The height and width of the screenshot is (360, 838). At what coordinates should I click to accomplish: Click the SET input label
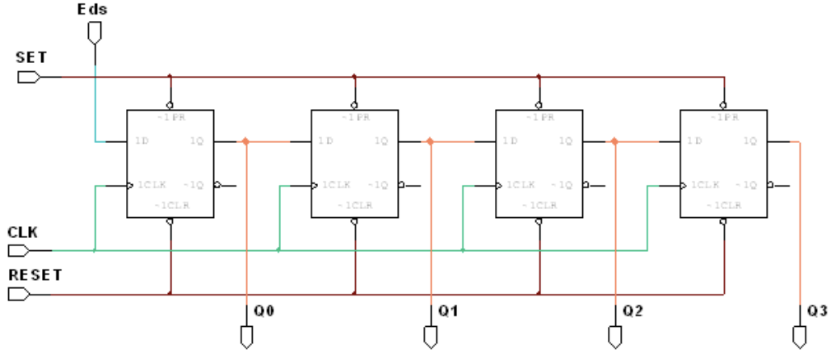(31, 59)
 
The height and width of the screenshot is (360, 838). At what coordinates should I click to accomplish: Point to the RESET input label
(36, 274)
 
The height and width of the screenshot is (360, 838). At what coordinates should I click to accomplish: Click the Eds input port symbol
(95, 32)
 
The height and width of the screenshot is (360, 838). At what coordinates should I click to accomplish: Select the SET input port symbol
(29, 77)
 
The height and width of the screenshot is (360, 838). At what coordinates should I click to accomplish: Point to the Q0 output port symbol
(245, 336)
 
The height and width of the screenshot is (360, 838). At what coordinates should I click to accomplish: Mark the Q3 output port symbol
(799, 336)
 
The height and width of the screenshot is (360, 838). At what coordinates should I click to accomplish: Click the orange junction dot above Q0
(245, 141)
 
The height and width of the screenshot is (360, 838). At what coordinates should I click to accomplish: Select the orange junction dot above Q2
(615, 141)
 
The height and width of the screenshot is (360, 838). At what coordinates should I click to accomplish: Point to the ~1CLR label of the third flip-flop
(539, 205)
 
